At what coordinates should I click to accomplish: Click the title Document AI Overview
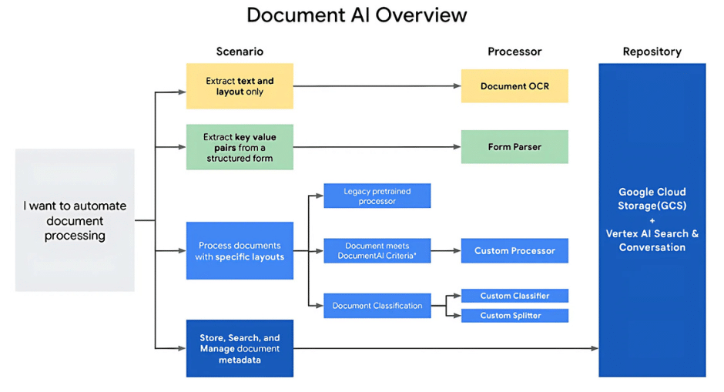357,15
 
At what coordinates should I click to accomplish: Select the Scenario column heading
240,52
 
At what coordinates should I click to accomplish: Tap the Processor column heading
515,52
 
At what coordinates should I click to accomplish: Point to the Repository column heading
652,52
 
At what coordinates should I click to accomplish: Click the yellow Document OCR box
515,86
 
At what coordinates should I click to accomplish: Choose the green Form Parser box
515,147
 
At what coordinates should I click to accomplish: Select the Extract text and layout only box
240,86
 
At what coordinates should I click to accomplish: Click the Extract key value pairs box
240,147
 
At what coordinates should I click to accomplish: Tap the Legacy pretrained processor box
377,196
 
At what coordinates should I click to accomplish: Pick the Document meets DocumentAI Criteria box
377,251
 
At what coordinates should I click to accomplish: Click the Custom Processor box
515,251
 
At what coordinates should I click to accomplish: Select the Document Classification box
377,306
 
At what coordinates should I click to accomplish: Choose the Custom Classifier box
515,296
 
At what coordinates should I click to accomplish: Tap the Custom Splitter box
515,316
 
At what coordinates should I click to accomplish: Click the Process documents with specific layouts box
240,251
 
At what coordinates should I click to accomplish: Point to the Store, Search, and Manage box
240,348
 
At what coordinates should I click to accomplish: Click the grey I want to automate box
75,220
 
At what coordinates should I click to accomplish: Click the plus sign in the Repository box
652,219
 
